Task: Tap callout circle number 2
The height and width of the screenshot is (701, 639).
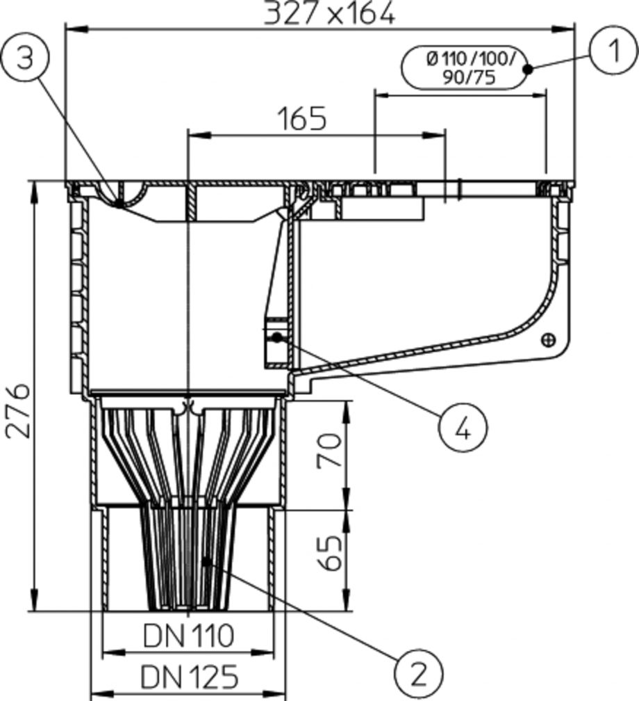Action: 418,672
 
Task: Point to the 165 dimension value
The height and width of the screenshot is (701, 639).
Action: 302,119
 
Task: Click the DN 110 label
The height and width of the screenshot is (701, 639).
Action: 189,634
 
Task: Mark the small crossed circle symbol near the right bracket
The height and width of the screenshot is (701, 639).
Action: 549,340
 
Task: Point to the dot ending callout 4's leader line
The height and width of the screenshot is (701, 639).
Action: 277,337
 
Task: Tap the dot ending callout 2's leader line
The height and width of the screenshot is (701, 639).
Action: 206,561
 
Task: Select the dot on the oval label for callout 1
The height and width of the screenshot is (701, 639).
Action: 528,68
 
